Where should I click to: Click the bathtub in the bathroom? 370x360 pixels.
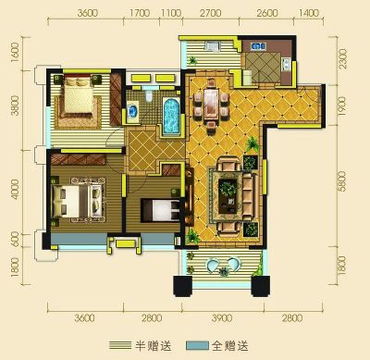pos(171,116)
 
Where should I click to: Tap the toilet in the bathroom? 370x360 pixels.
pos(149,96)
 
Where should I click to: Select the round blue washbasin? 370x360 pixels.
pos(133,110)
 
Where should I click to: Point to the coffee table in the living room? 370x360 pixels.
pos(228,195)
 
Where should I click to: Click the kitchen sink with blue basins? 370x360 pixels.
pos(258,46)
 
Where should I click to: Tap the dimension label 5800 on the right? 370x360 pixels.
pos(341,181)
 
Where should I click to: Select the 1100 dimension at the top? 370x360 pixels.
pos(171,13)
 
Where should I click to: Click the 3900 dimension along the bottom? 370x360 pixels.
pos(222,317)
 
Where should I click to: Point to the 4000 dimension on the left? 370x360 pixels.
pos(15,189)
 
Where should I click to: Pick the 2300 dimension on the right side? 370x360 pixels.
pos(342,59)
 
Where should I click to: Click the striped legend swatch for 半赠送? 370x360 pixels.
pos(120,345)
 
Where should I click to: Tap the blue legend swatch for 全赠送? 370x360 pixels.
pos(197,345)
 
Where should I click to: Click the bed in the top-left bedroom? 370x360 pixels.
pos(78,96)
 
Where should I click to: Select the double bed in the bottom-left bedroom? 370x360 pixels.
pos(78,200)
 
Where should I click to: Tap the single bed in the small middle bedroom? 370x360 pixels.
pos(160,210)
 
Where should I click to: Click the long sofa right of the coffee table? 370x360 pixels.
pos(248,196)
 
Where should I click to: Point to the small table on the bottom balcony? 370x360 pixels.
pos(224,271)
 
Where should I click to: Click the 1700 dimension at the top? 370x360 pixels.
pos(140,13)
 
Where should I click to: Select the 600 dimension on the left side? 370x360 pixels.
pos(15,240)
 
